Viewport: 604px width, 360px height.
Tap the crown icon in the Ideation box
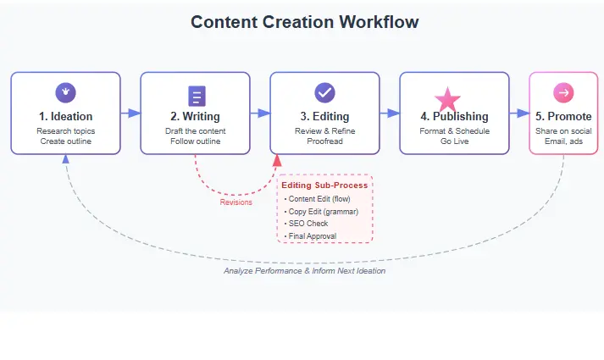click(65, 92)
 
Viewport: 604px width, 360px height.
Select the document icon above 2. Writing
click(196, 96)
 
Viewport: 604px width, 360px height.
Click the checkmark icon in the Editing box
click(324, 92)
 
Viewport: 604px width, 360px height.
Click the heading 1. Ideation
click(65, 116)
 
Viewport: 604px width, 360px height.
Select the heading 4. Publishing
click(454, 116)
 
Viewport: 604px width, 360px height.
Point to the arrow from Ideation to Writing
click(130, 113)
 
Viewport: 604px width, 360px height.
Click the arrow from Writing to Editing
click(260, 113)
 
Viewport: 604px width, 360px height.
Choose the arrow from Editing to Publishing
click(390, 113)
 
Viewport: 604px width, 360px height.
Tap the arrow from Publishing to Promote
click(519, 113)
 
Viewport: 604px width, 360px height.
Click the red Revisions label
click(236, 202)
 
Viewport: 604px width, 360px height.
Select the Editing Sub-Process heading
click(324, 185)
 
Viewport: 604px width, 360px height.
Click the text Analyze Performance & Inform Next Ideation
click(305, 271)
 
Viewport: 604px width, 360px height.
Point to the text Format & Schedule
click(454, 131)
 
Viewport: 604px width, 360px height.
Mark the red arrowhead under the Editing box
click(276, 161)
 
